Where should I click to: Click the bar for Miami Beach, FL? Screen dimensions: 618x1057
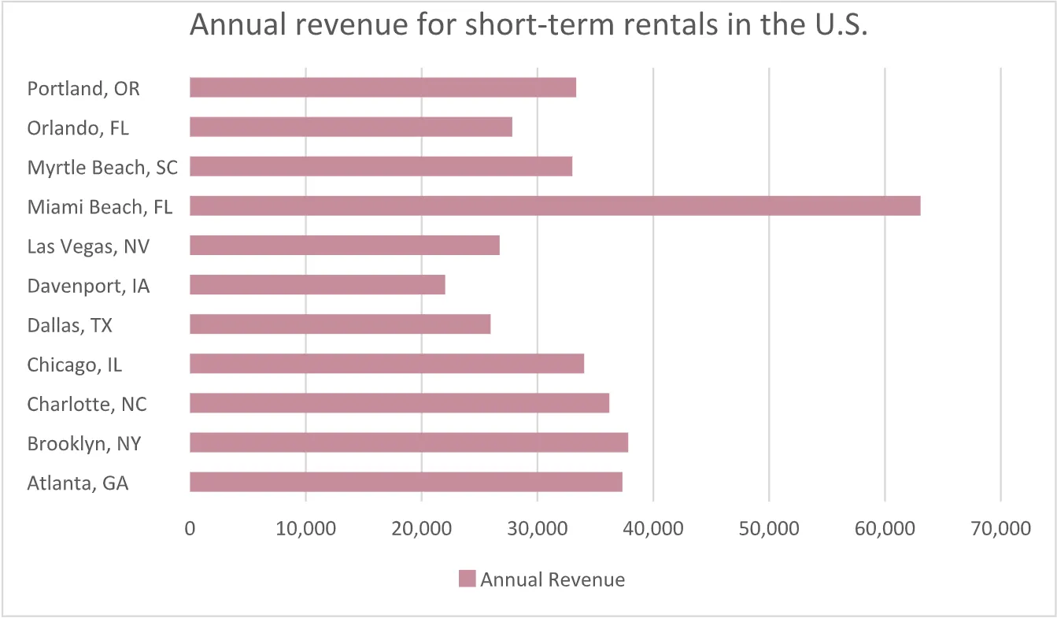coord(555,206)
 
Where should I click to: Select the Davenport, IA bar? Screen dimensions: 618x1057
coord(317,285)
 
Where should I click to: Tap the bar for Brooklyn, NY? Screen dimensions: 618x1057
coord(408,442)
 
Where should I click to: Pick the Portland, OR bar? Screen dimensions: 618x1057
coord(383,87)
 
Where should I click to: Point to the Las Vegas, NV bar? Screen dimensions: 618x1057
coord(345,246)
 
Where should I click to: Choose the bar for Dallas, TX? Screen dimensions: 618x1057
coord(340,324)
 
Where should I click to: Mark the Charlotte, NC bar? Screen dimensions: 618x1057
coord(399,403)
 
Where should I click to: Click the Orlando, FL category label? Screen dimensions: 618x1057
coord(78,128)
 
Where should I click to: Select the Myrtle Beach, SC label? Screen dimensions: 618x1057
coord(102,167)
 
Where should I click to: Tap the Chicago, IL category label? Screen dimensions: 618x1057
coord(75,365)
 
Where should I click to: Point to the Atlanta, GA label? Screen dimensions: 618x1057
coord(78,483)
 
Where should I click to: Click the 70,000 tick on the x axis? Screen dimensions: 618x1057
coord(1000,529)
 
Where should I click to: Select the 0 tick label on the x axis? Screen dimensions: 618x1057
coord(190,529)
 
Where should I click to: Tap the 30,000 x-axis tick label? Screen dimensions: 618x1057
coord(537,529)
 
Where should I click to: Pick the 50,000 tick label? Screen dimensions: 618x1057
coord(769,529)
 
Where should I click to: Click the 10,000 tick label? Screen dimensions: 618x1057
coord(305,529)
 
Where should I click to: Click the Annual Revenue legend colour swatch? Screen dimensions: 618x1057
coord(467,579)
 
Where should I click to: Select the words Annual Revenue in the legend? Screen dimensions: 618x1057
coord(553,580)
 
